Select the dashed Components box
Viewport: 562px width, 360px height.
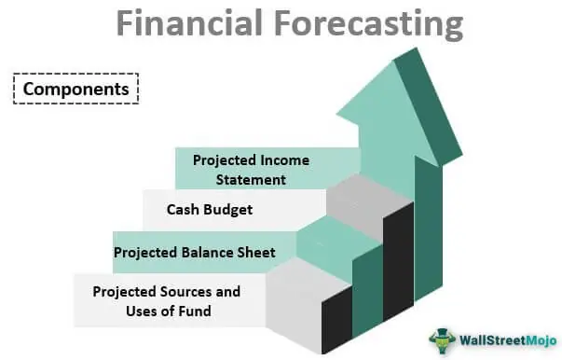click(75, 90)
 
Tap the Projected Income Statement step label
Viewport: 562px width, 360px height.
click(251, 169)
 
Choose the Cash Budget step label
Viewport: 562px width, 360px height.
click(210, 210)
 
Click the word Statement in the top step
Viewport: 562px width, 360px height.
click(252, 178)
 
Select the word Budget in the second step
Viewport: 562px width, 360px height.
click(229, 210)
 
